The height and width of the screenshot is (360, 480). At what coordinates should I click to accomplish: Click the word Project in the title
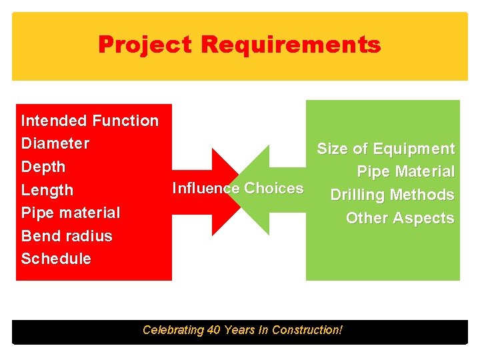(x=145, y=45)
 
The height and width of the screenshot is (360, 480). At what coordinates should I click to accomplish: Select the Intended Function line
(x=90, y=121)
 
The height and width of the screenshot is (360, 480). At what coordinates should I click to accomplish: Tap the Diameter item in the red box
(x=55, y=143)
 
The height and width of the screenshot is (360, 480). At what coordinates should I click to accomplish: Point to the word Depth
(x=43, y=167)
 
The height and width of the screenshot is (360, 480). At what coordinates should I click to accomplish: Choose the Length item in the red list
(x=47, y=190)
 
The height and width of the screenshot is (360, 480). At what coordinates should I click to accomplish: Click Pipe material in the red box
(x=71, y=213)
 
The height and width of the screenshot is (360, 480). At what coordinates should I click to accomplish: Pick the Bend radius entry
(x=67, y=236)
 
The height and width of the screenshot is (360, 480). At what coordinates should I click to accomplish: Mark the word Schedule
(x=56, y=259)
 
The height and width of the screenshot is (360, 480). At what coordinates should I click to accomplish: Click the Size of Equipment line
(x=385, y=149)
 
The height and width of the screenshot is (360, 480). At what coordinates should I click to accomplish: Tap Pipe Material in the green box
(x=405, y=172)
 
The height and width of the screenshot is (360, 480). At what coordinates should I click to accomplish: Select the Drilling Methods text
(x=392, y=195)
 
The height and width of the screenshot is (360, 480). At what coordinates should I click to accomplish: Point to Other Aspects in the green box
(x=400, y=218)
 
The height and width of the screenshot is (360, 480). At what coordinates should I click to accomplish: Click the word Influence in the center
(x=205, y=188)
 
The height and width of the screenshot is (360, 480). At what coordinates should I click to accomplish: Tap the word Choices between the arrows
(x=273, y=188)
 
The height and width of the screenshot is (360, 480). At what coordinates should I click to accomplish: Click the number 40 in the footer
(x=213, y=330)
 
